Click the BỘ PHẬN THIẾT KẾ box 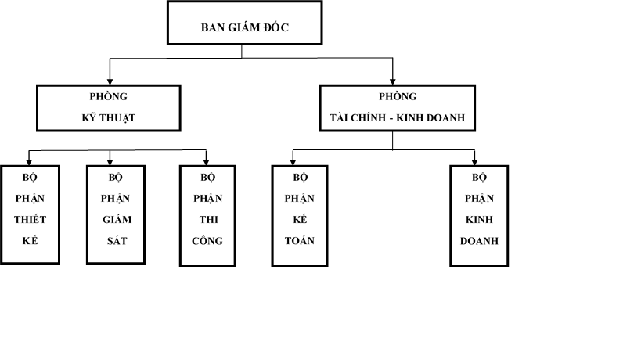pos(30,215)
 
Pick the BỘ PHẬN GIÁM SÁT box pos(114,215)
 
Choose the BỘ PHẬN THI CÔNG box pos(207,216)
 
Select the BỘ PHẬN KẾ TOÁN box pos(300,216)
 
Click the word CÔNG pos(207,240)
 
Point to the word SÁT pos(114,240)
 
